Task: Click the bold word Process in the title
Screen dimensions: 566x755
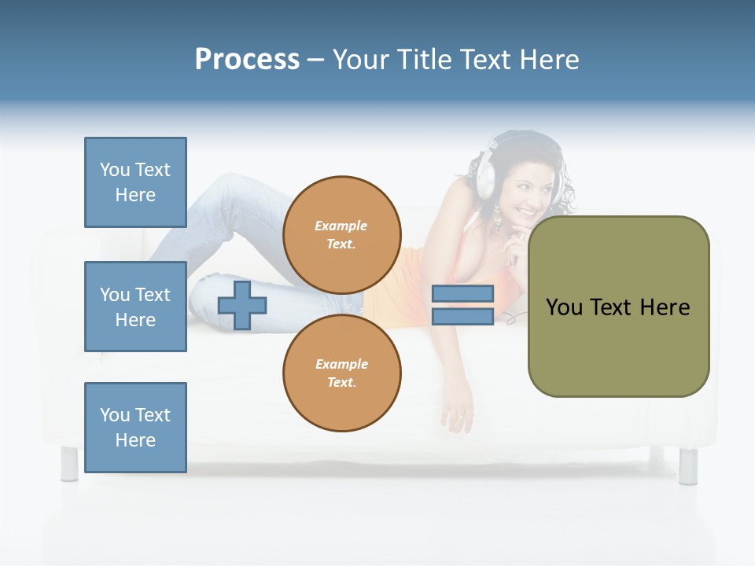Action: (x=247, y=60)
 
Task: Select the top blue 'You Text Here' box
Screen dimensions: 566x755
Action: (x=135, y=182)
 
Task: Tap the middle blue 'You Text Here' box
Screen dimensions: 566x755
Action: (x=135, y=307)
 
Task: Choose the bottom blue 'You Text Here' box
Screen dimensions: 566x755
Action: (x=135, y=428)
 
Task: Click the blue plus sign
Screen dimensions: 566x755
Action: (x=242, y=306)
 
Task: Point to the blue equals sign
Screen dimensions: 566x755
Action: (x=462, y=305)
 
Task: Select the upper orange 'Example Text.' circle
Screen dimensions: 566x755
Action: (x=342, y=234)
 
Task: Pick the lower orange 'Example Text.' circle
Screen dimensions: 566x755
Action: (x=342, y=373)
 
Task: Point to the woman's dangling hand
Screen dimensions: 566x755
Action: (x=458, y=413)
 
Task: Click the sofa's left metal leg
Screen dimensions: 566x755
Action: (x=69, y=464)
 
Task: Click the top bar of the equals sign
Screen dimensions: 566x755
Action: (x=462, y=293)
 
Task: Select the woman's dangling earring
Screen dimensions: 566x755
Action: (x=497, y=217)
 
